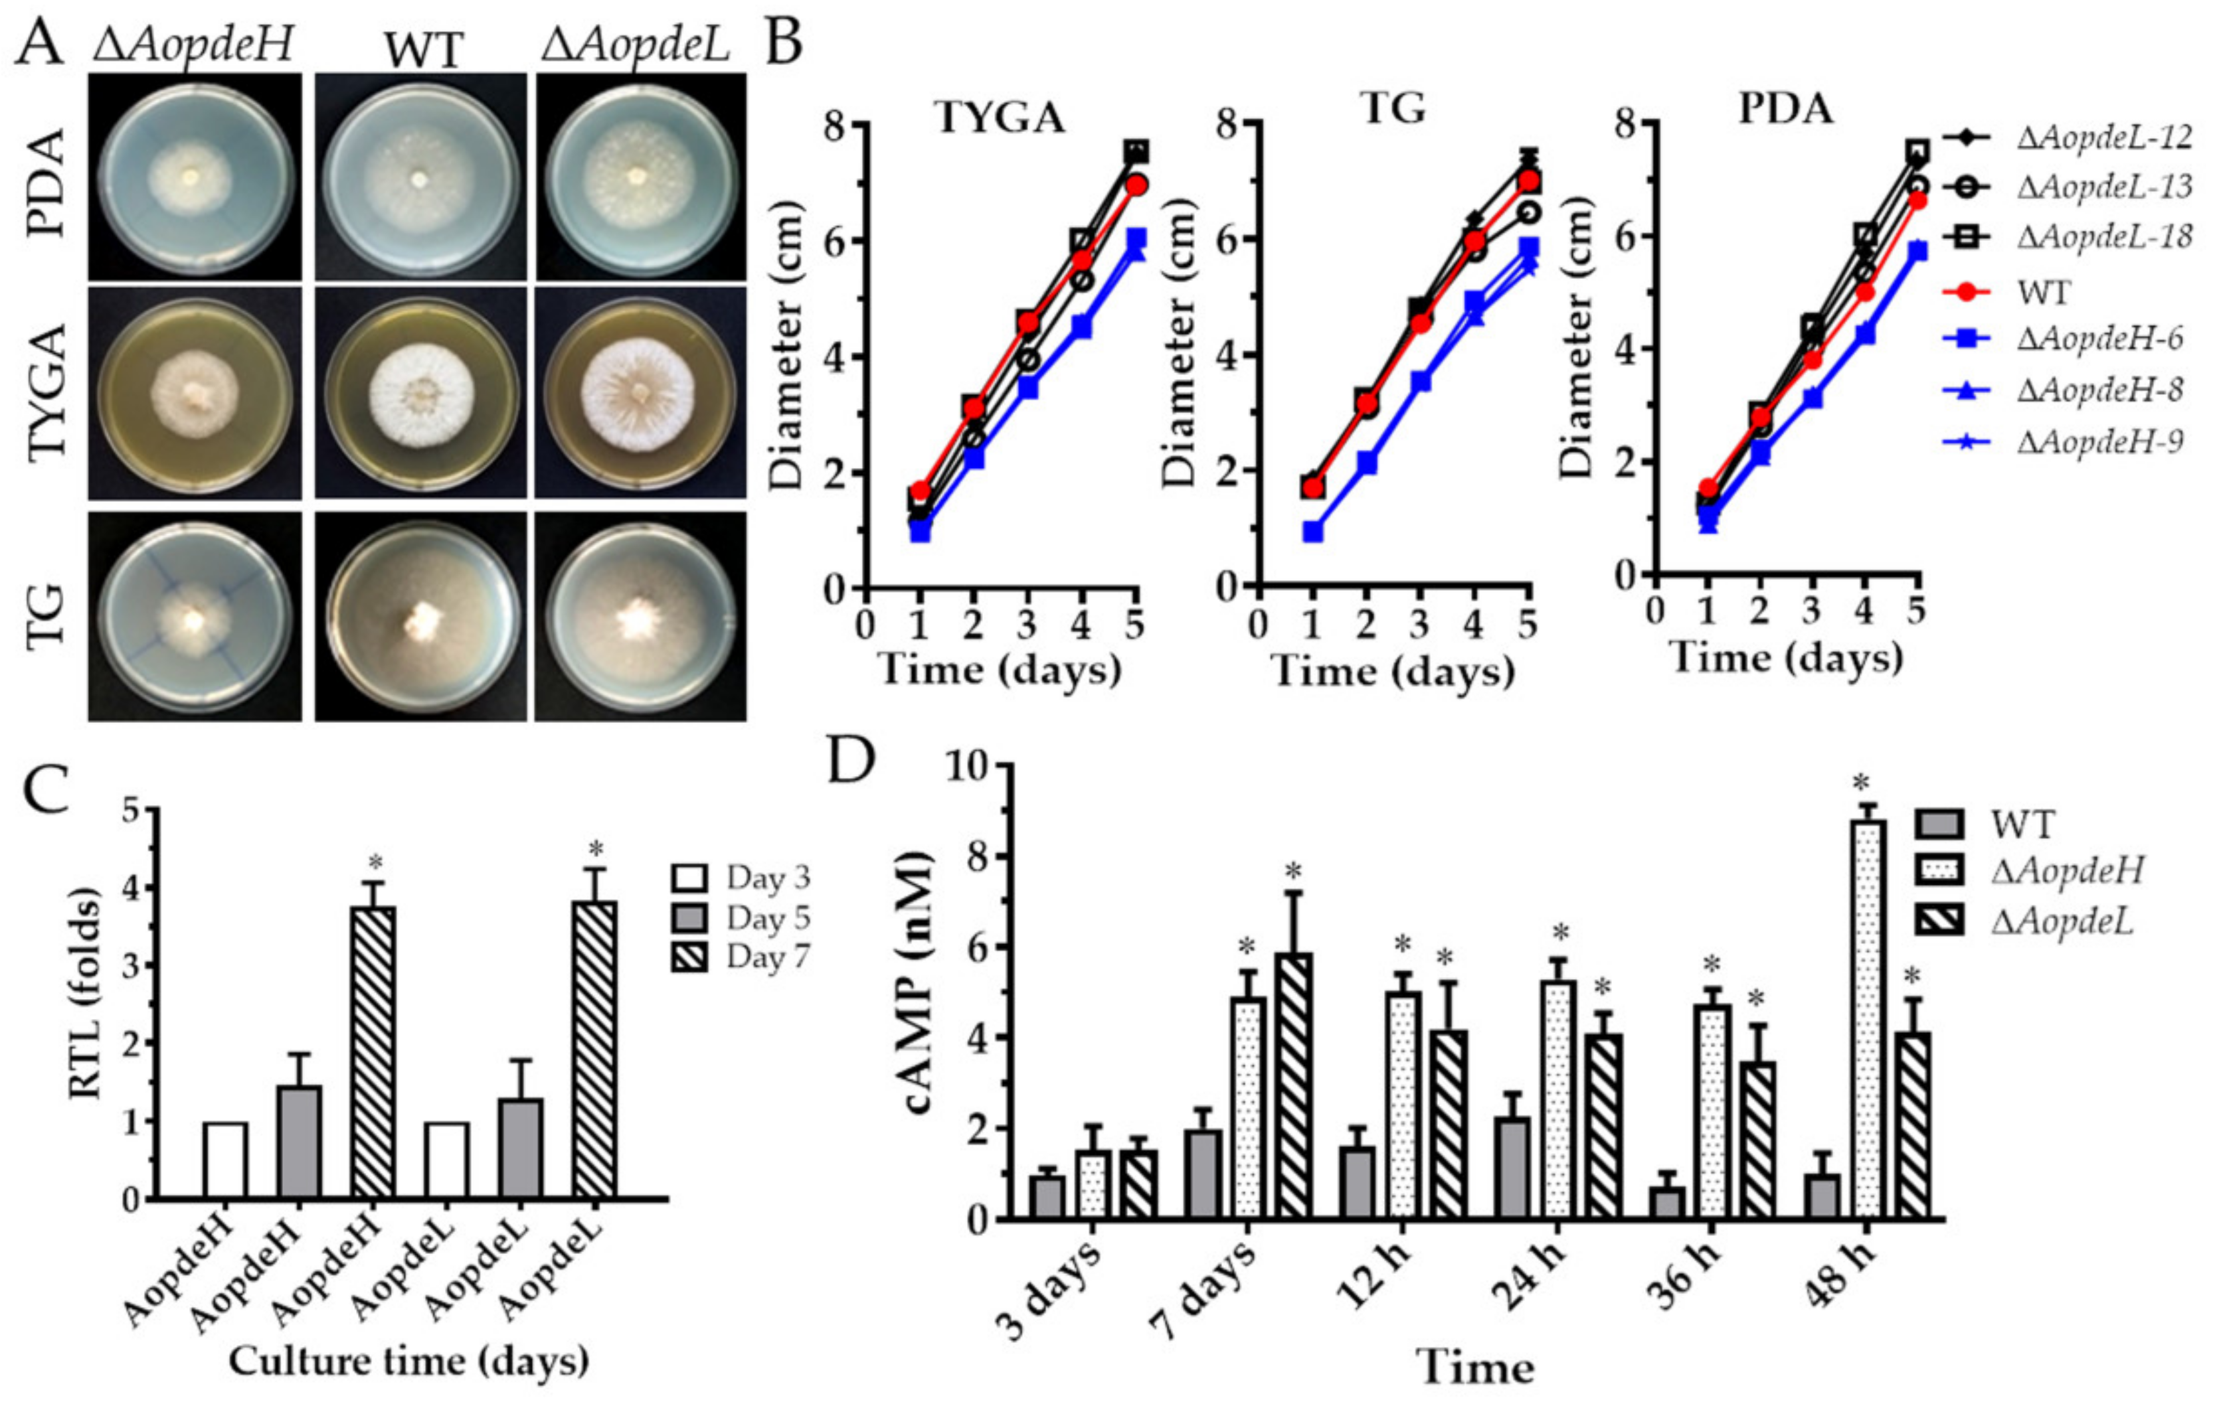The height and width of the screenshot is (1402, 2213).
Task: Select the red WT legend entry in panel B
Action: (2042, 292)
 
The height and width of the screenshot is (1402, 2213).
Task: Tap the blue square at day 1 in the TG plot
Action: (1313, 532)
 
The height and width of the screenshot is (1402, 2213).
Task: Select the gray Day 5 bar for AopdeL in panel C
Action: (520, 1148)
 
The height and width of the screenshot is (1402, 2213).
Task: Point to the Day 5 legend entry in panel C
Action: (767, 918)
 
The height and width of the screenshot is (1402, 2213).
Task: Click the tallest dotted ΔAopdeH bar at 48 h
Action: (1866, 1020)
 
